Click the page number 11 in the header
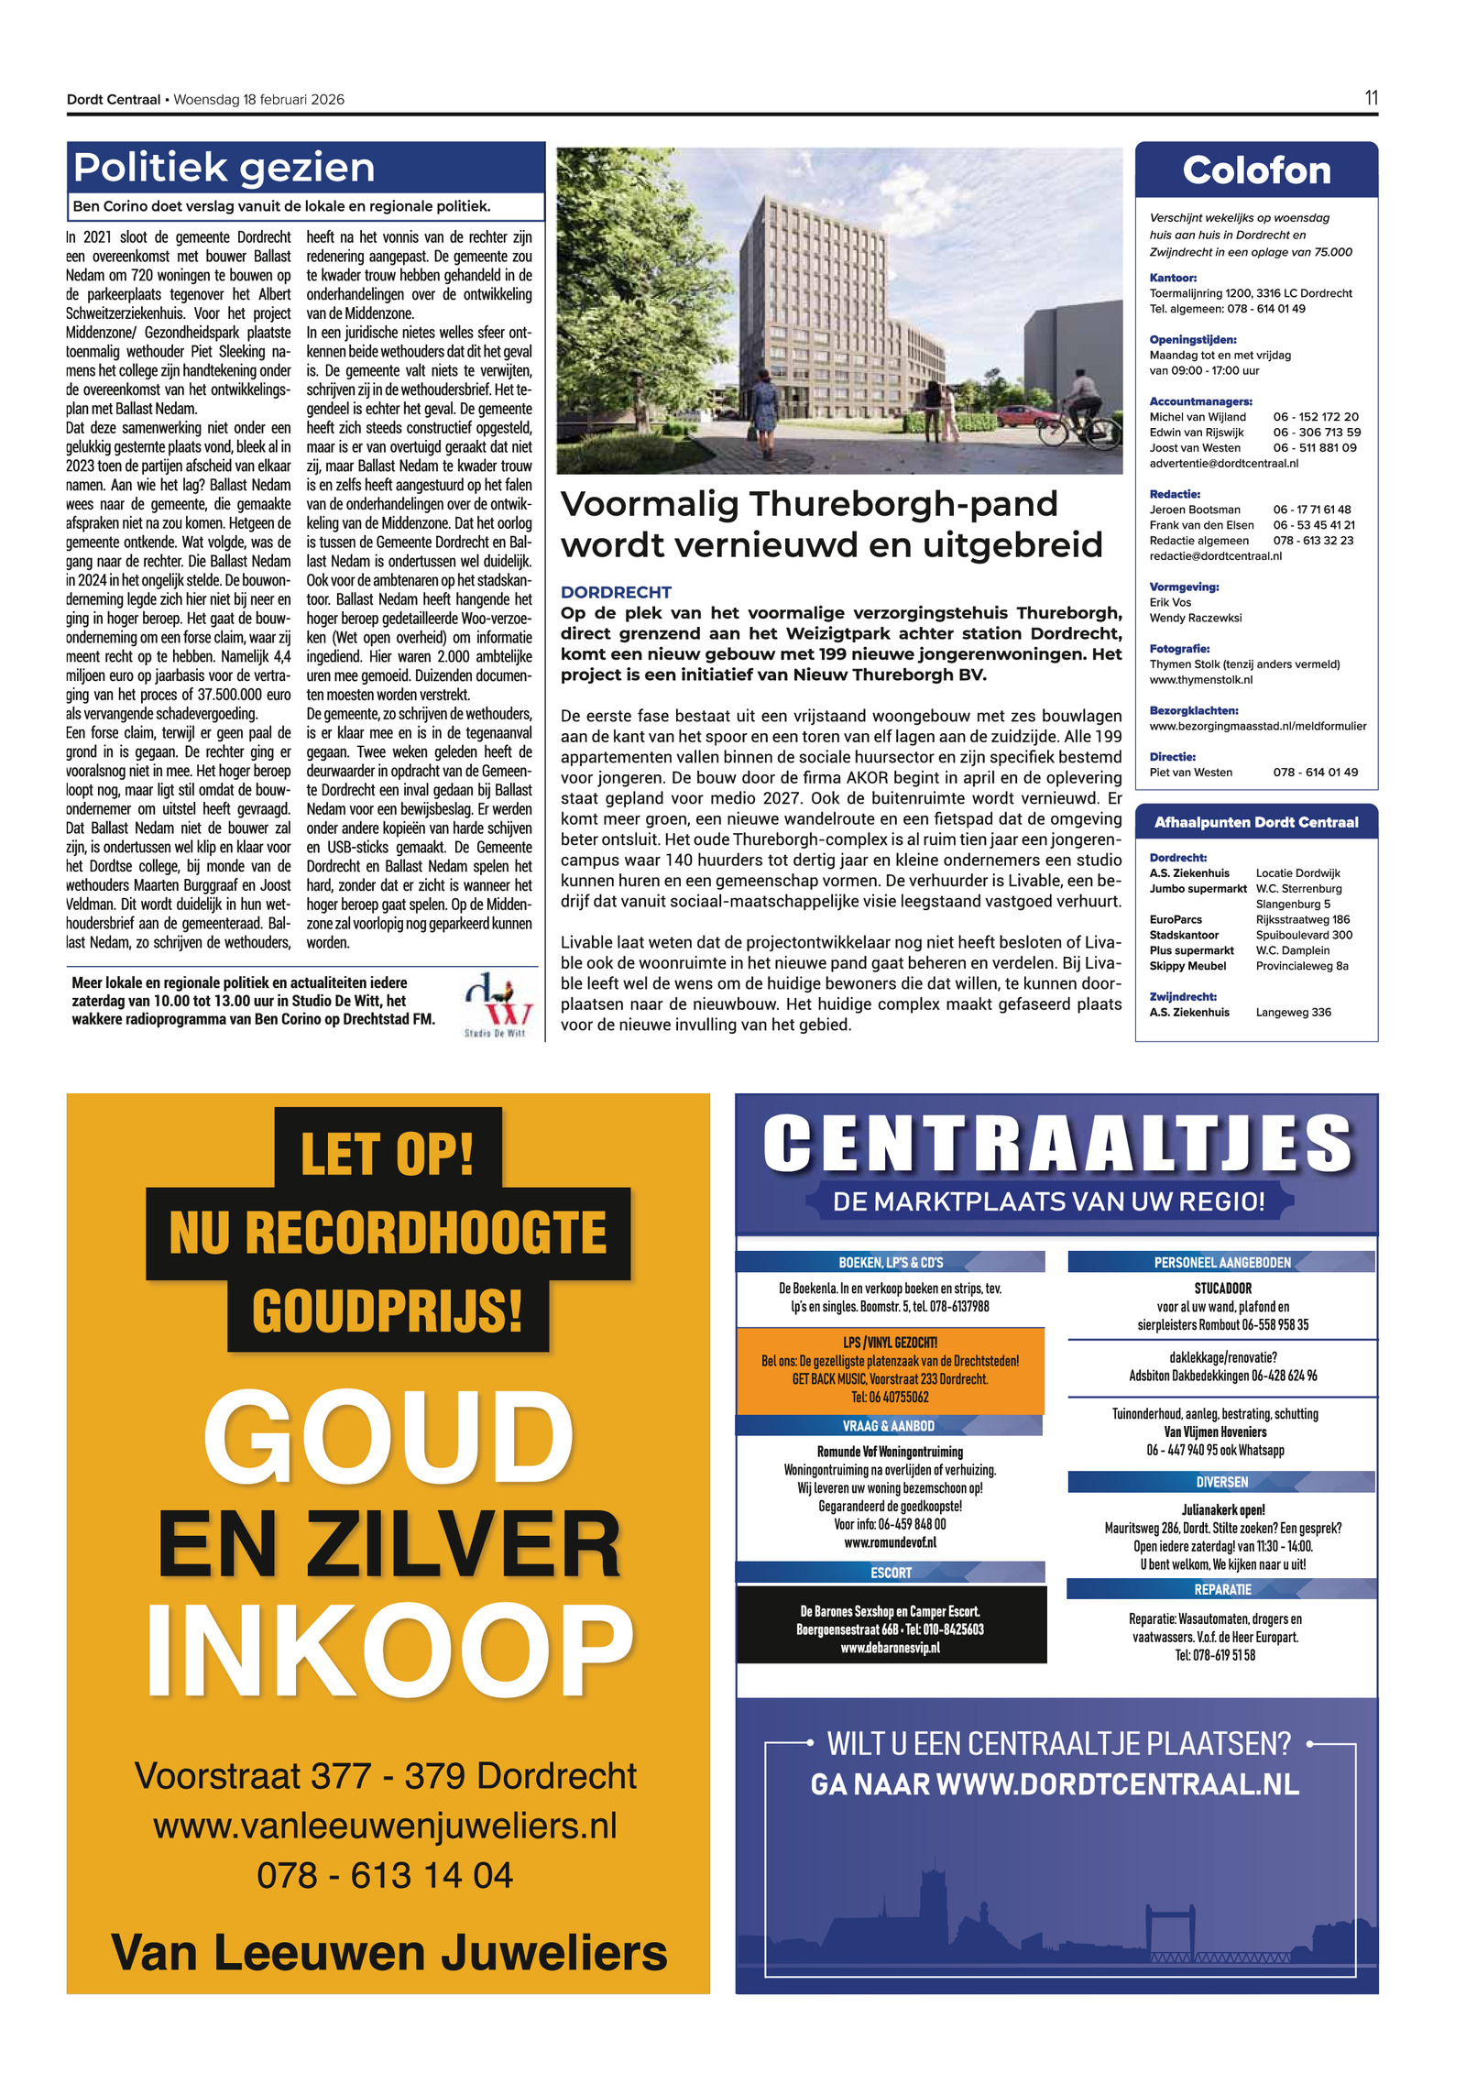[x=1371, y=98]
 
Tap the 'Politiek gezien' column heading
[x=224, y=168]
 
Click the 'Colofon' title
[x=1256, y=170]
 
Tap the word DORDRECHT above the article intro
[x=616, y=592]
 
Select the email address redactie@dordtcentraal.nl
[x=1215, y=556]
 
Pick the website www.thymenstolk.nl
[x=1200, y=680]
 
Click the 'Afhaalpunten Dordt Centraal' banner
[x=1256, y=822]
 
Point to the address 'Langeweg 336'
[x=1293, y=1012]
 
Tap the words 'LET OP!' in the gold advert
[x=387, y=1153]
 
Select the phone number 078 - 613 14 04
[x=385, y=1875]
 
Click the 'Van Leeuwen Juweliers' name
[x=388, y=1952]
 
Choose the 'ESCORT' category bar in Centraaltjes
[x=891, y=1573]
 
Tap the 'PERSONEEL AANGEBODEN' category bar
[x=1221, y=1262]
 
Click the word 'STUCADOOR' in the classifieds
[x=1222, y=1289]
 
